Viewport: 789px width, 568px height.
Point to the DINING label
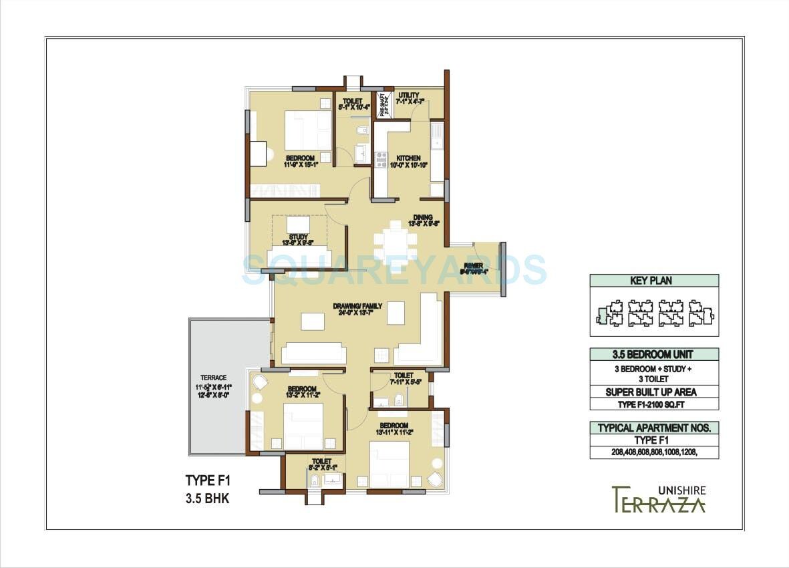click(x=423, y=217)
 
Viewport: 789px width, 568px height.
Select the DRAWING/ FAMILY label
click(x=358, y=306)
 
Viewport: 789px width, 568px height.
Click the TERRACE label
click(x=213, y=378)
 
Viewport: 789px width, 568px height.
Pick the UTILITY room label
click(x=408, y=96)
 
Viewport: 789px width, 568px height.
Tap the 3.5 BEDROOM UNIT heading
click(x=654, y=354)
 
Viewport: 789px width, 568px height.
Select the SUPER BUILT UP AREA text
click(x=654, y=392)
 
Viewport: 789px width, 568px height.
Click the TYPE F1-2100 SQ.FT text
click(x=654, y=404)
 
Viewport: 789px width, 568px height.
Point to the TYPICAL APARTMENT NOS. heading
click(x=654, y=428)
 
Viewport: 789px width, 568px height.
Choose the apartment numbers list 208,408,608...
click(x=654, y=452)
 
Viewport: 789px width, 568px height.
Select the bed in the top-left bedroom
click(x=308, y=130)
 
